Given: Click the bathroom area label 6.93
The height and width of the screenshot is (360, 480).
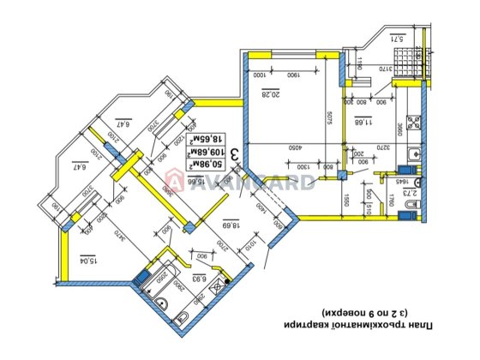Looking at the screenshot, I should [200, 278].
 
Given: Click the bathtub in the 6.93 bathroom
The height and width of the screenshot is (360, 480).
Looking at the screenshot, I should [153, 277].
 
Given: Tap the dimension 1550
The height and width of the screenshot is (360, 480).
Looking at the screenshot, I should [346, 202].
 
